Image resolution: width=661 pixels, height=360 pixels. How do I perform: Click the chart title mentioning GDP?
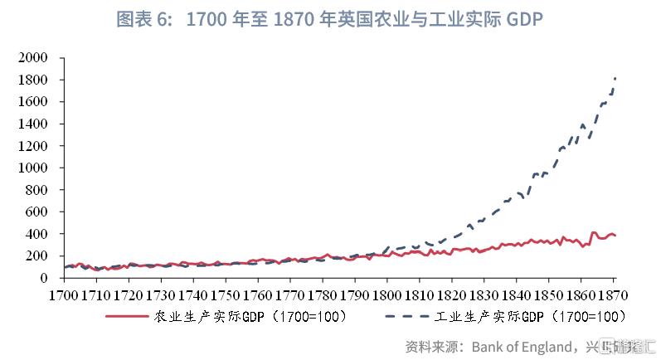pyautogui.click(x=330, y=19)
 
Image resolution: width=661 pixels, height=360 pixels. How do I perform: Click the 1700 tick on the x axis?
pyautogui.click(x=64, y=294)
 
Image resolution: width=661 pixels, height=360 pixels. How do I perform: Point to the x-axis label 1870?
pyautogui.click(x=615, y=294)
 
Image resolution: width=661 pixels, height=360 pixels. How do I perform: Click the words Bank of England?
pyautogui.click(x=523, y=344)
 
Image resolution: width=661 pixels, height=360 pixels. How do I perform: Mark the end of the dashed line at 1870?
pyautogui.click(x=615, y=78)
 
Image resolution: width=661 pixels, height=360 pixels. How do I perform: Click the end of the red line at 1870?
pyautogui.click(x=615, y=236)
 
